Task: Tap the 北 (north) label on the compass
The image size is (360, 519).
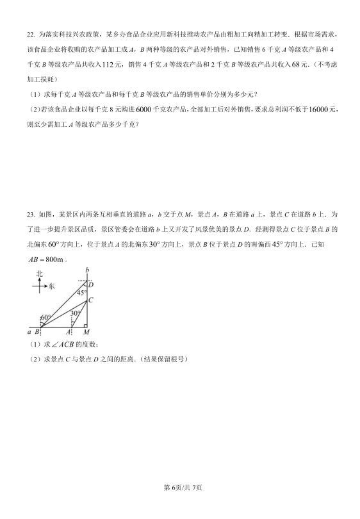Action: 40,274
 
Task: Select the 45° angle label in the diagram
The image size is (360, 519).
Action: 82,293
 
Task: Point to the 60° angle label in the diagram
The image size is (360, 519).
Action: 45,317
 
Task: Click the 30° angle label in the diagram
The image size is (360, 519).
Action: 76,313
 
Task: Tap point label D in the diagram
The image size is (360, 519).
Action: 91,283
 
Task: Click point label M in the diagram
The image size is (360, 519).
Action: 86,332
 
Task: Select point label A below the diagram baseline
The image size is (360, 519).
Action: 69,332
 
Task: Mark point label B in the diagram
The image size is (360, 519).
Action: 37,332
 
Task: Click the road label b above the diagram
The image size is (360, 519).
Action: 86,269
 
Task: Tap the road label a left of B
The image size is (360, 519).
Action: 29,332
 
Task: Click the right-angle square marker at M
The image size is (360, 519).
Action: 85,324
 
